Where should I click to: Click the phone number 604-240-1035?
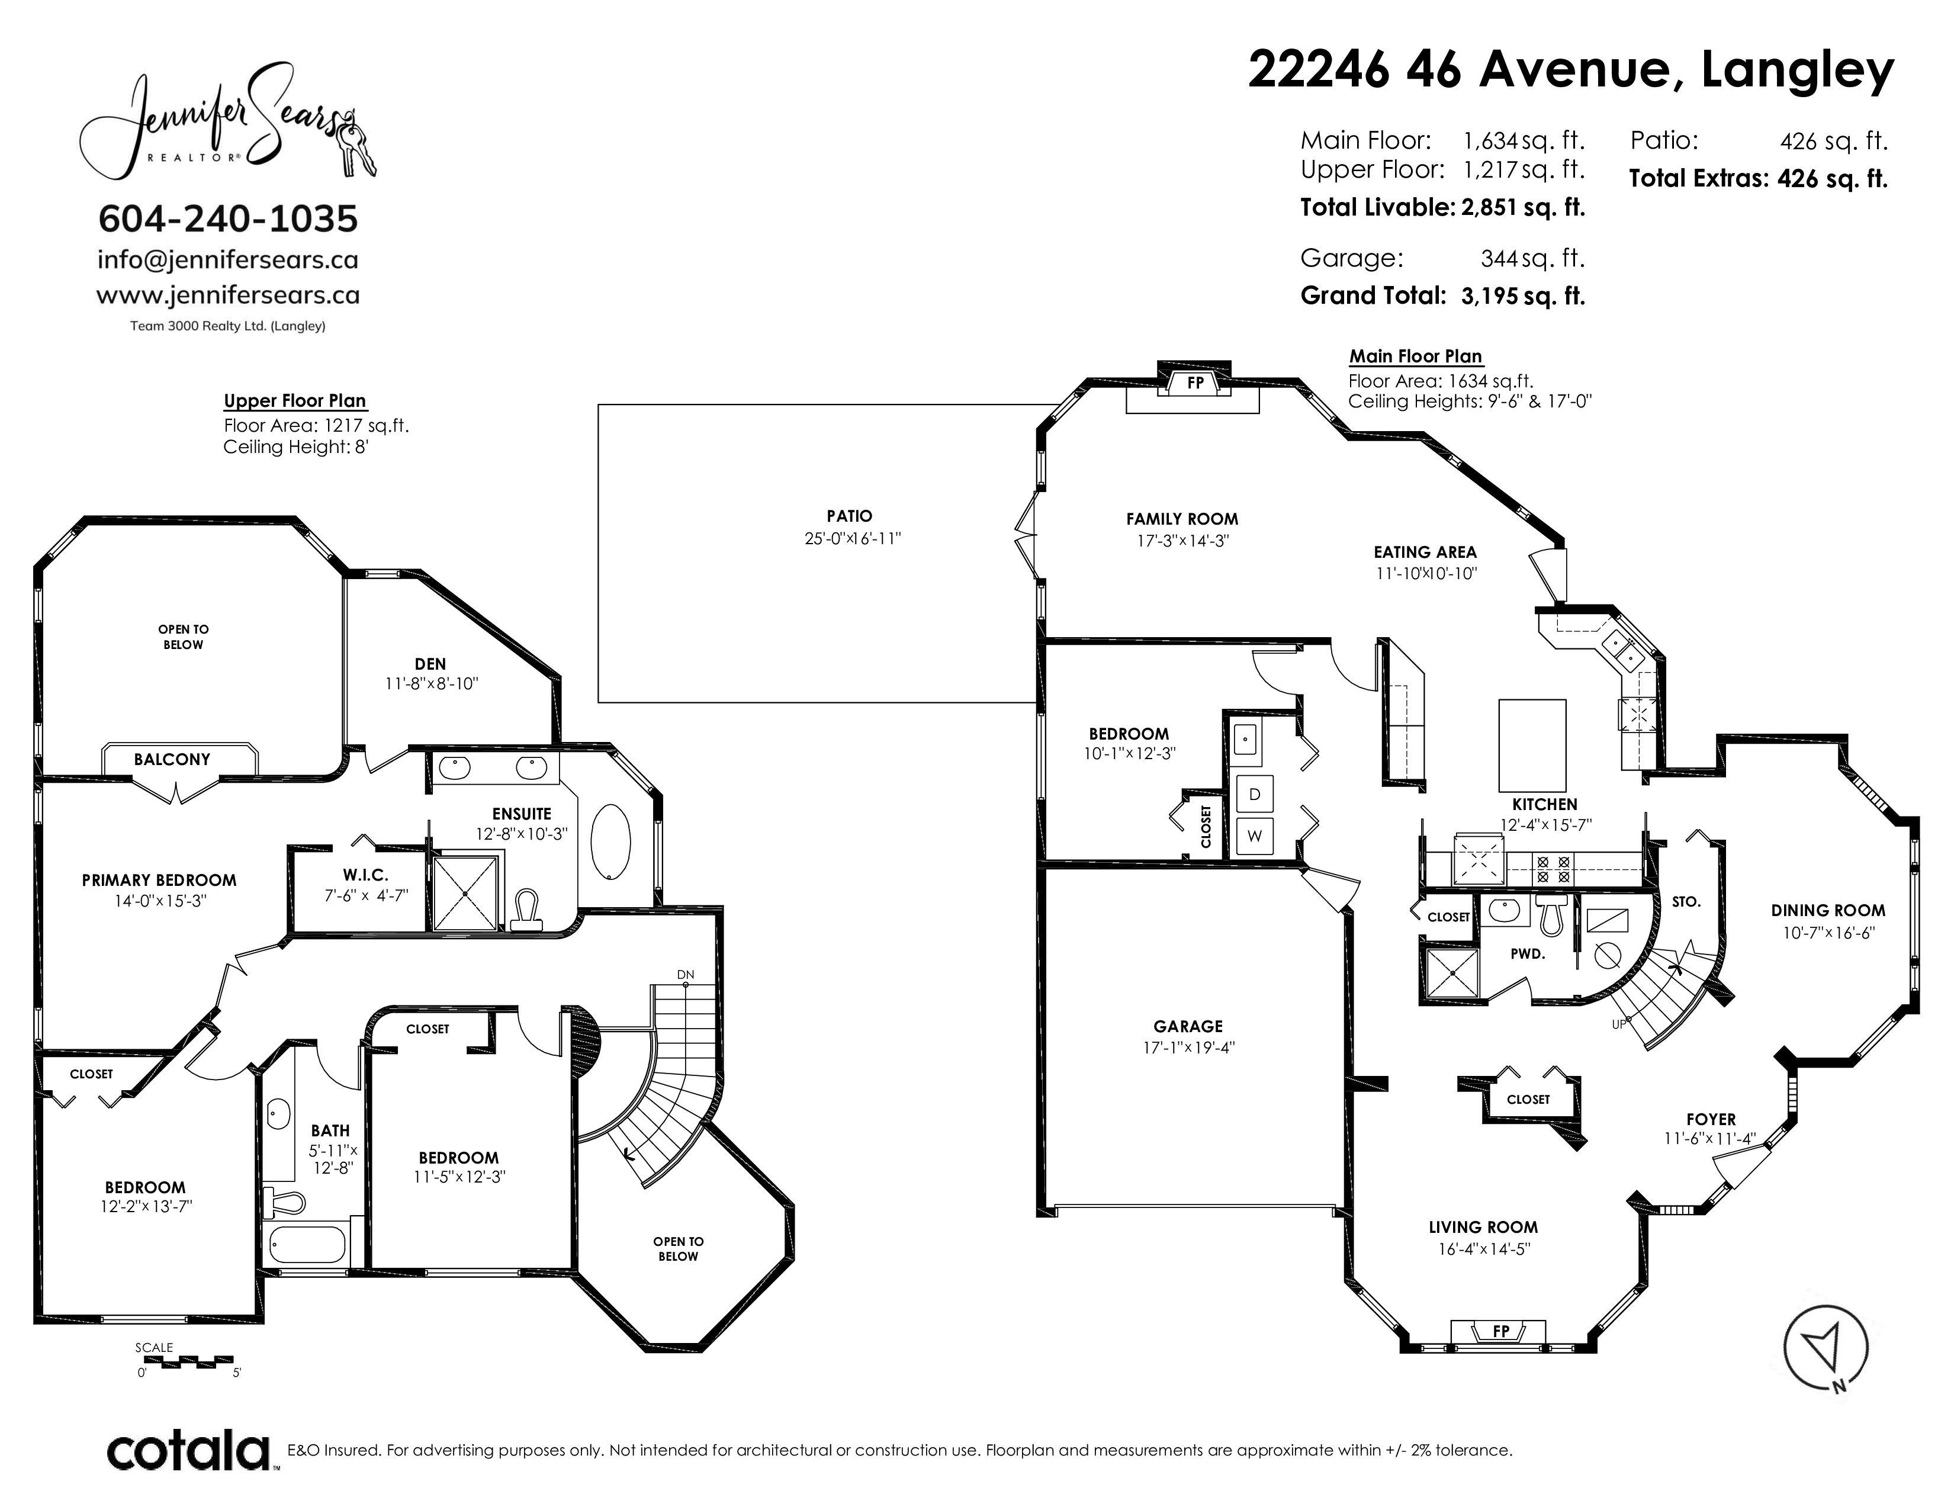click(x=227, y=219)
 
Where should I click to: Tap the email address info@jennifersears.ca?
click(x=227, y=261)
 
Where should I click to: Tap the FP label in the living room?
click(x=1501, y=1356)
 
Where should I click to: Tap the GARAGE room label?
click(x=1188, y=1027)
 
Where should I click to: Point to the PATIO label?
click(x=849, y=516)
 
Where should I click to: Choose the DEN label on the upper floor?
click(x=430, y=664)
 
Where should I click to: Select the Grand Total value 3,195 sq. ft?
click(x=1523, y=296)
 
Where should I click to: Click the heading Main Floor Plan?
click(x=1415, y=356)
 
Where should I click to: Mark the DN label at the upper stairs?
click(x=685, y=974)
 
